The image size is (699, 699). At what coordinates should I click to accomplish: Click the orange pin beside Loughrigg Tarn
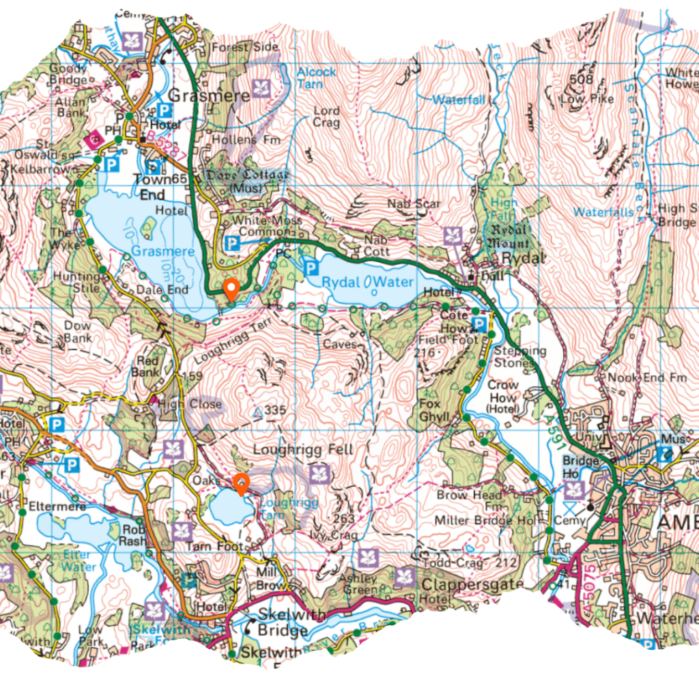[241, 483]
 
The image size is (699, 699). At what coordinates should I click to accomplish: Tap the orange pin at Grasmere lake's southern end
[231, 289]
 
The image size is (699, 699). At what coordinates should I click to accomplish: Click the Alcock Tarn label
[316, 76]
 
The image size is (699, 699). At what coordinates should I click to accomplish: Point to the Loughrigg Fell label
[303, 450]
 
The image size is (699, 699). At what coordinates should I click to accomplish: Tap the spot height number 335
[274, 410]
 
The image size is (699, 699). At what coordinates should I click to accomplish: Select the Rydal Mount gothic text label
[509, 237]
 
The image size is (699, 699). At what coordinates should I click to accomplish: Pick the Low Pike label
[586, 99]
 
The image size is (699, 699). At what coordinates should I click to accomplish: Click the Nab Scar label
[414, 203]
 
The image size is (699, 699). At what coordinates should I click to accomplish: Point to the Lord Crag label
[326, 117]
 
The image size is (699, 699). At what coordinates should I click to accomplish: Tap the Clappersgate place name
[472, 584]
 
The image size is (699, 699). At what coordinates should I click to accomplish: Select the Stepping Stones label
[520, 356]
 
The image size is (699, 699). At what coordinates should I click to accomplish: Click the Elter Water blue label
[80, 560]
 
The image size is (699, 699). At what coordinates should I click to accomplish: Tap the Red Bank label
[148, 367]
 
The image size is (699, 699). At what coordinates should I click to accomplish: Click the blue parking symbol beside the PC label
[309, 268]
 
